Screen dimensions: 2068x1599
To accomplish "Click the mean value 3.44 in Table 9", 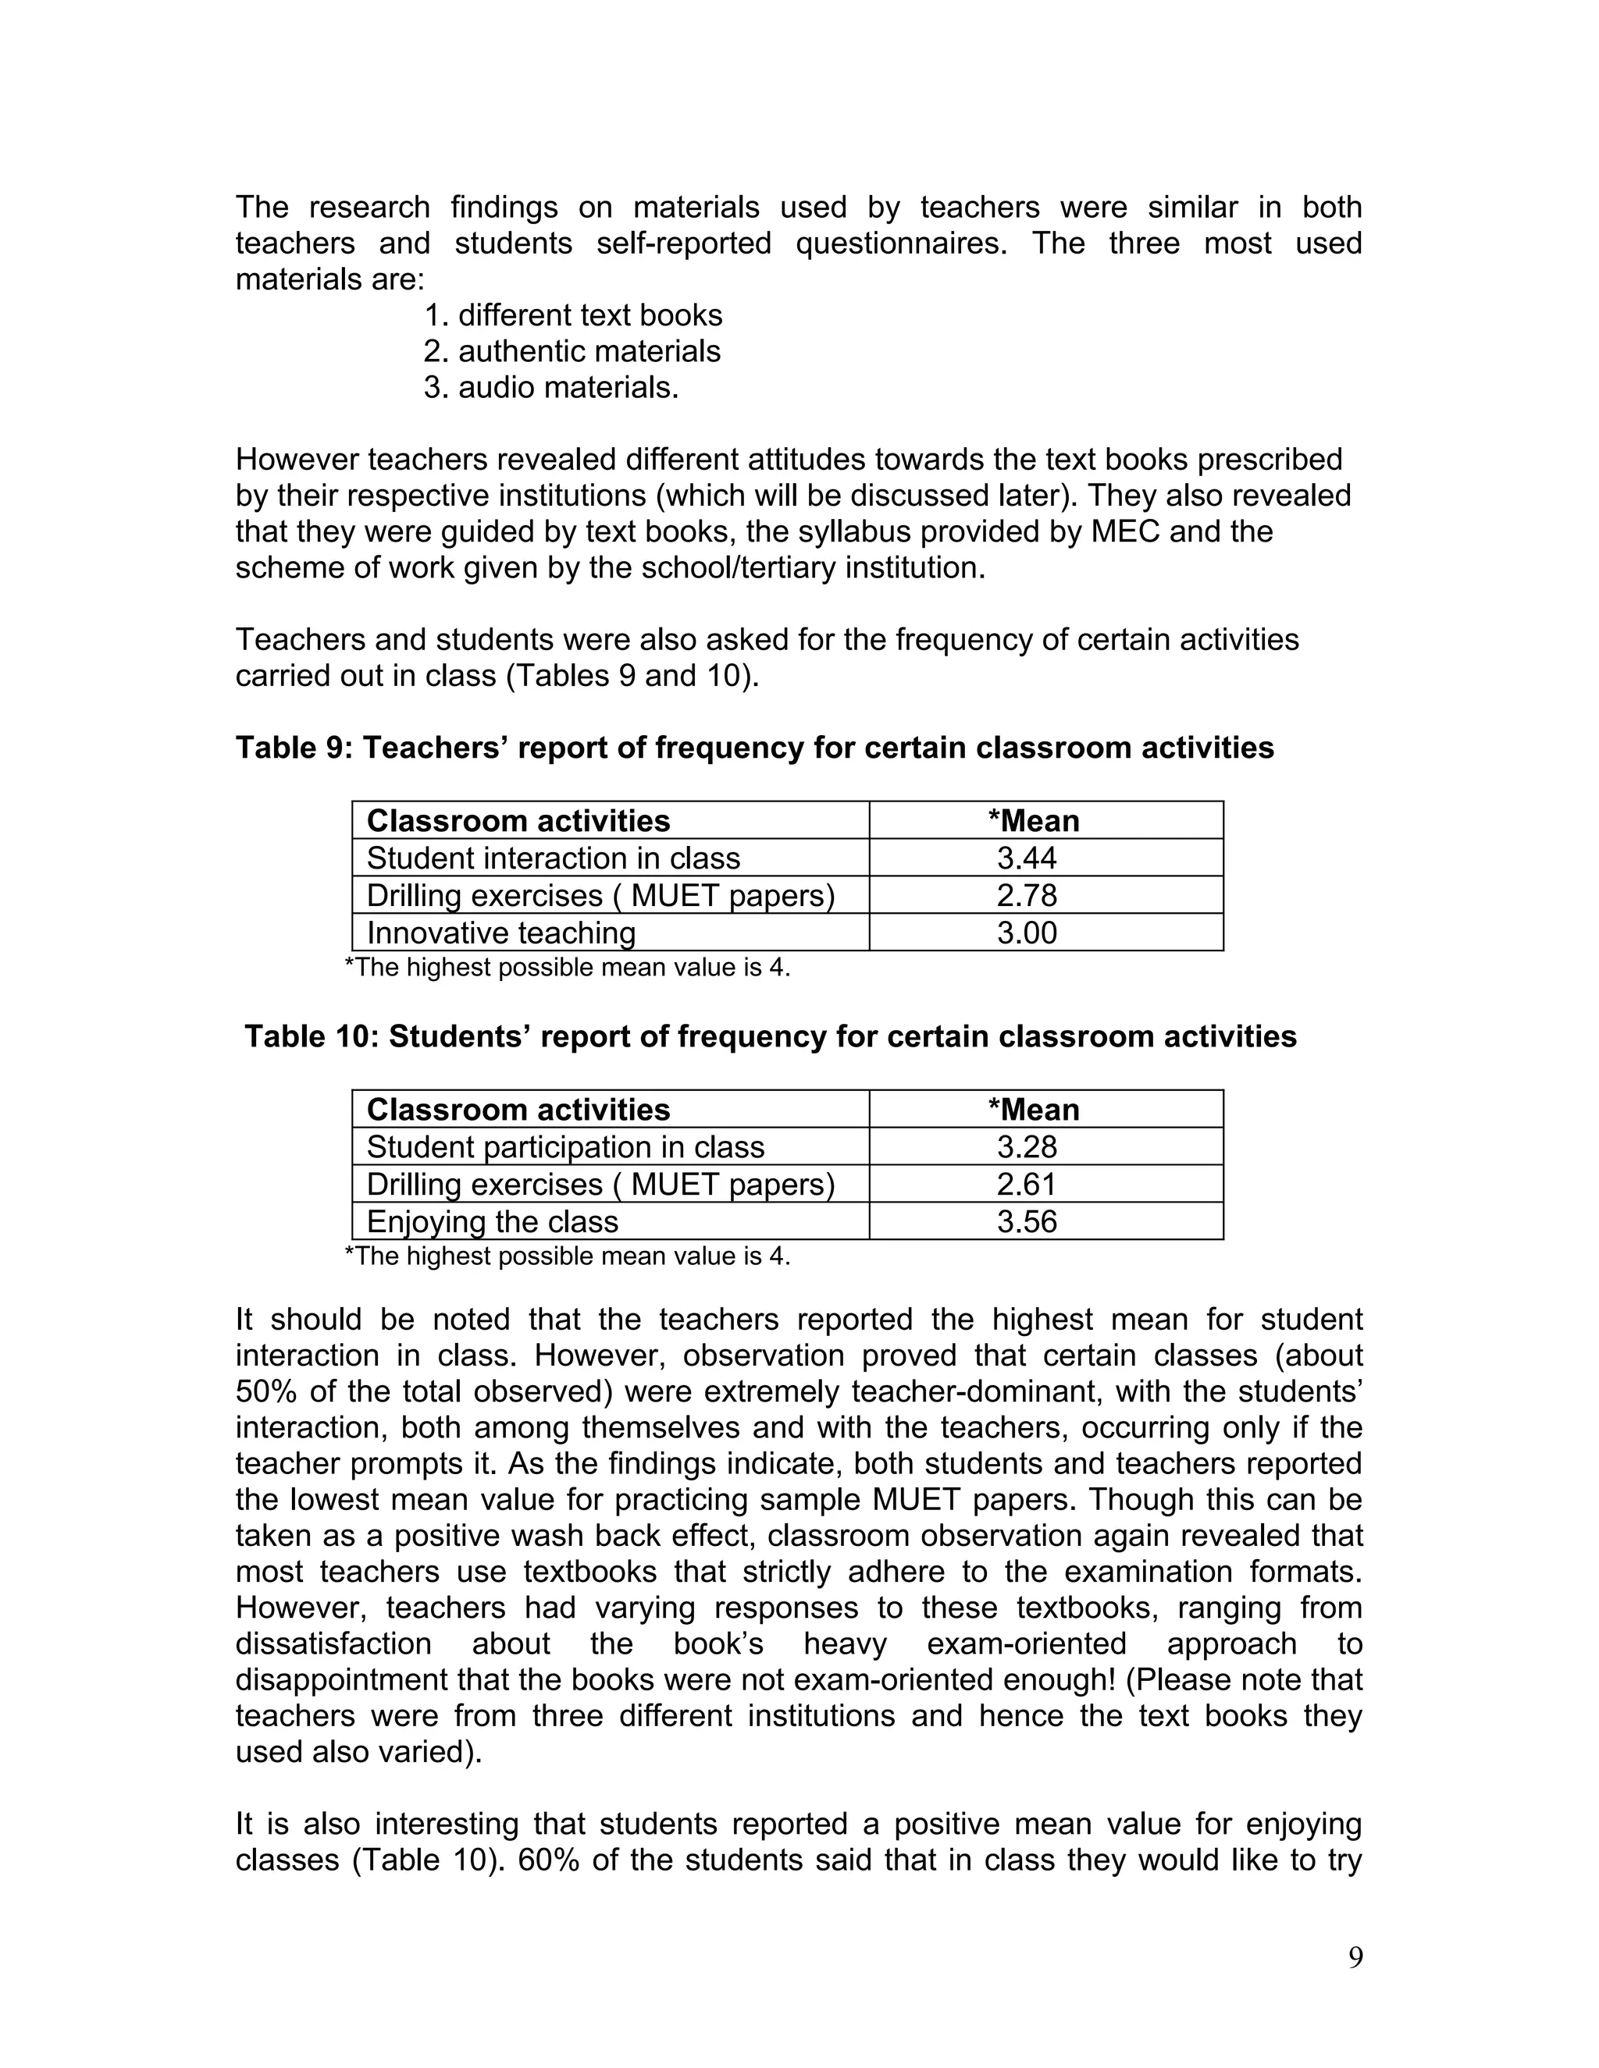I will (x=1027, y=858).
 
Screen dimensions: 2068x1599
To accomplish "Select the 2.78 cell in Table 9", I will (x=1027, y=895).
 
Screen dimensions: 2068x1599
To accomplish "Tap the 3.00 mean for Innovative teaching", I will (x=1027, y=933).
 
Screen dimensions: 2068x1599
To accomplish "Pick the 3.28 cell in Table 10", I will (x=1027, y=1146).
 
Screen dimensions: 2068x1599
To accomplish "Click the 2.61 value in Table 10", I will (x=1027, y=1184).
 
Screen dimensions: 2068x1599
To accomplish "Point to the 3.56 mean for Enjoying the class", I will (x=1027, y=1221).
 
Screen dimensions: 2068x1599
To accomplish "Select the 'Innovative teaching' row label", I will (x=501, y=933).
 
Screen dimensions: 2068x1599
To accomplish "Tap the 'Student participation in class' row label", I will (x=565, y=1146).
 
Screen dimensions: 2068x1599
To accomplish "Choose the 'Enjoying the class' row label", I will (x=493, y=1221).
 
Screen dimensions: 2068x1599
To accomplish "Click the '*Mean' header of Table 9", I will (x=1034, y=821).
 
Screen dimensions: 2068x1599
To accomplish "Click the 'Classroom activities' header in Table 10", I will (x=518, y=1110).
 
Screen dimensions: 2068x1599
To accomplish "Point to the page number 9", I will (x=1355, y=1957).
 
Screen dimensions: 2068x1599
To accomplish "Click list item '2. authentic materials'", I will (x=572, y=351).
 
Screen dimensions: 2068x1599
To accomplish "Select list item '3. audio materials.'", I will (x=551, y=387).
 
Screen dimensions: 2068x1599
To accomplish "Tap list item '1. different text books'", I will (x=573, y=315).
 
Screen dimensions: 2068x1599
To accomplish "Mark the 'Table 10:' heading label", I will (x=312, y=1037).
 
